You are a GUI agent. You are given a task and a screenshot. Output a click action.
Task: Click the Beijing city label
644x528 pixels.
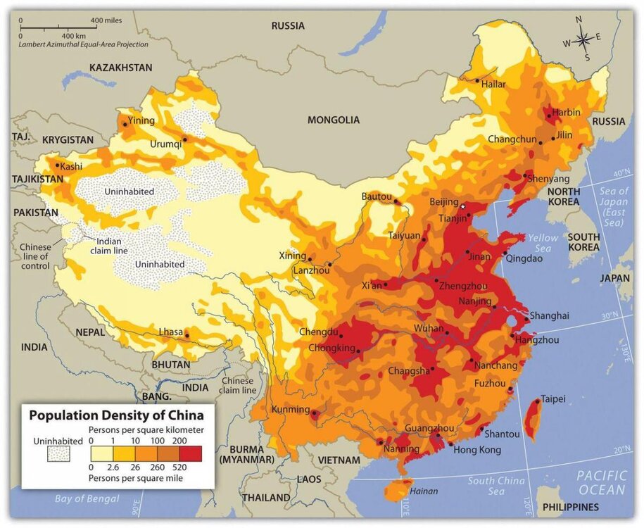pyautogui.click(x=444, y=202)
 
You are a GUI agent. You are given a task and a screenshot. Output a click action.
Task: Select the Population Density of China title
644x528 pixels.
pyautogui.click(x=116, y=415)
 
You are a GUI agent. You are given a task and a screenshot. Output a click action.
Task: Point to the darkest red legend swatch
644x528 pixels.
pyautogui.click(x=190, y=453)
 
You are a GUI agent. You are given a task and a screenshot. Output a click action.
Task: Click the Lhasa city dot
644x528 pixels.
pyautogui.click(x=187, y=336)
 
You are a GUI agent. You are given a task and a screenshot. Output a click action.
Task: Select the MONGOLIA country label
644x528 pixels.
pyautogui.click(x=334, y=120)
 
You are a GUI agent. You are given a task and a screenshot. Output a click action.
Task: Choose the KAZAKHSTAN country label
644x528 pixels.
pyautogui.click(x=120, y=68)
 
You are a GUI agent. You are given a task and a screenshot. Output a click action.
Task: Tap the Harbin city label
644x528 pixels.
pyautogui.click(x=567, y=112)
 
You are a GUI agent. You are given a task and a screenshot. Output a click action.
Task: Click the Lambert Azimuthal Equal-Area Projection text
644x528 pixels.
pyautogui.click(x=84, y=44)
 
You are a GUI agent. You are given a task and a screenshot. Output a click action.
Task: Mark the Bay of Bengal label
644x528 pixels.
pyautogui.click(x=87, y=499)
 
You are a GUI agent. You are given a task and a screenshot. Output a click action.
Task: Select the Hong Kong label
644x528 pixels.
pyautogui.click(x=476, y=450)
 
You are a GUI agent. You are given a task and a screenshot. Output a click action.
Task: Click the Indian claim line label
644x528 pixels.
pyautogui.click(x=103, y=246)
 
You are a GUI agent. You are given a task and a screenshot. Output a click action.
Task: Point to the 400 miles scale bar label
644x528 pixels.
pyautogui.click(x=106, y=20)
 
